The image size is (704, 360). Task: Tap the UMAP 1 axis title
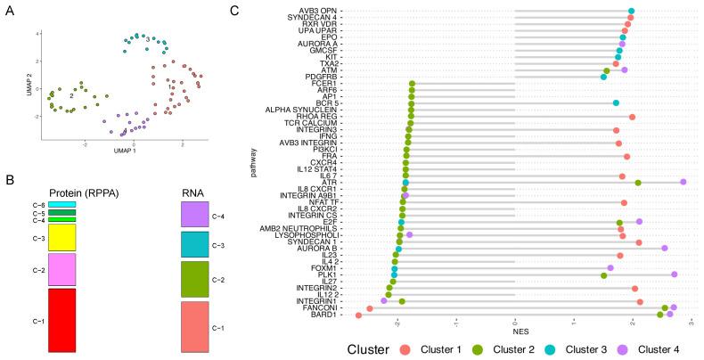(x=122, y=153)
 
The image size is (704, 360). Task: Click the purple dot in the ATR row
(x=684, y=182)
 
